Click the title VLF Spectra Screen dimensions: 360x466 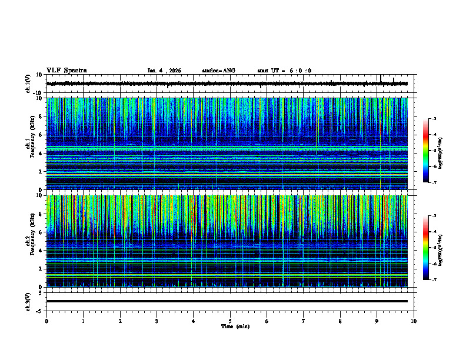66,71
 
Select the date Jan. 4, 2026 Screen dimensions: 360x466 164,71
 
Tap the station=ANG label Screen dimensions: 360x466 218,71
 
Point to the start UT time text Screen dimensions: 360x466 284,71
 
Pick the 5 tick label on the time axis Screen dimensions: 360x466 230,321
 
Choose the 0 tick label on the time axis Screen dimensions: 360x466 46,321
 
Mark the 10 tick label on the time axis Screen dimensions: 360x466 414,321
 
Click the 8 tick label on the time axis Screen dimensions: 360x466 340,321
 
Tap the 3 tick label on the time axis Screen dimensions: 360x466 157,321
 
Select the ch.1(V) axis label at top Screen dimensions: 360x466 28,84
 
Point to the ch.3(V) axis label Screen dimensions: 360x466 28,301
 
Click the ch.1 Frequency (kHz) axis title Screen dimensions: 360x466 29,144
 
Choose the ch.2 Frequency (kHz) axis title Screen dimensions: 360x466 29,241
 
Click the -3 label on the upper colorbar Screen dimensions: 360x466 434,119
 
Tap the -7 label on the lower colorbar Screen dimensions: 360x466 434,279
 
